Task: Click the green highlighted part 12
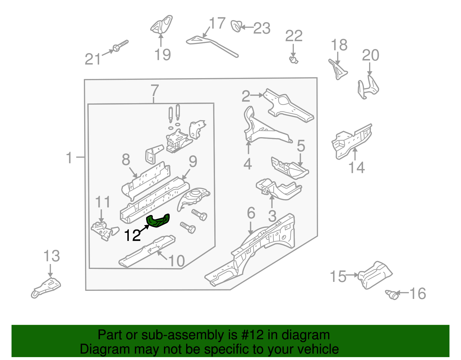[158, 221]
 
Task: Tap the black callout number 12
[132, 235]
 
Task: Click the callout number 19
[163, 55]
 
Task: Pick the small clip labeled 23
[236, 26]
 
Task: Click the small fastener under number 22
[294, 60]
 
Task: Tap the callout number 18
[339, 45]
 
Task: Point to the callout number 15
[338, 276]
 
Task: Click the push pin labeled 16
[392, 294]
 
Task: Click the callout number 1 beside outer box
[69, 158]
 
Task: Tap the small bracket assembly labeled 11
[104, 231]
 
